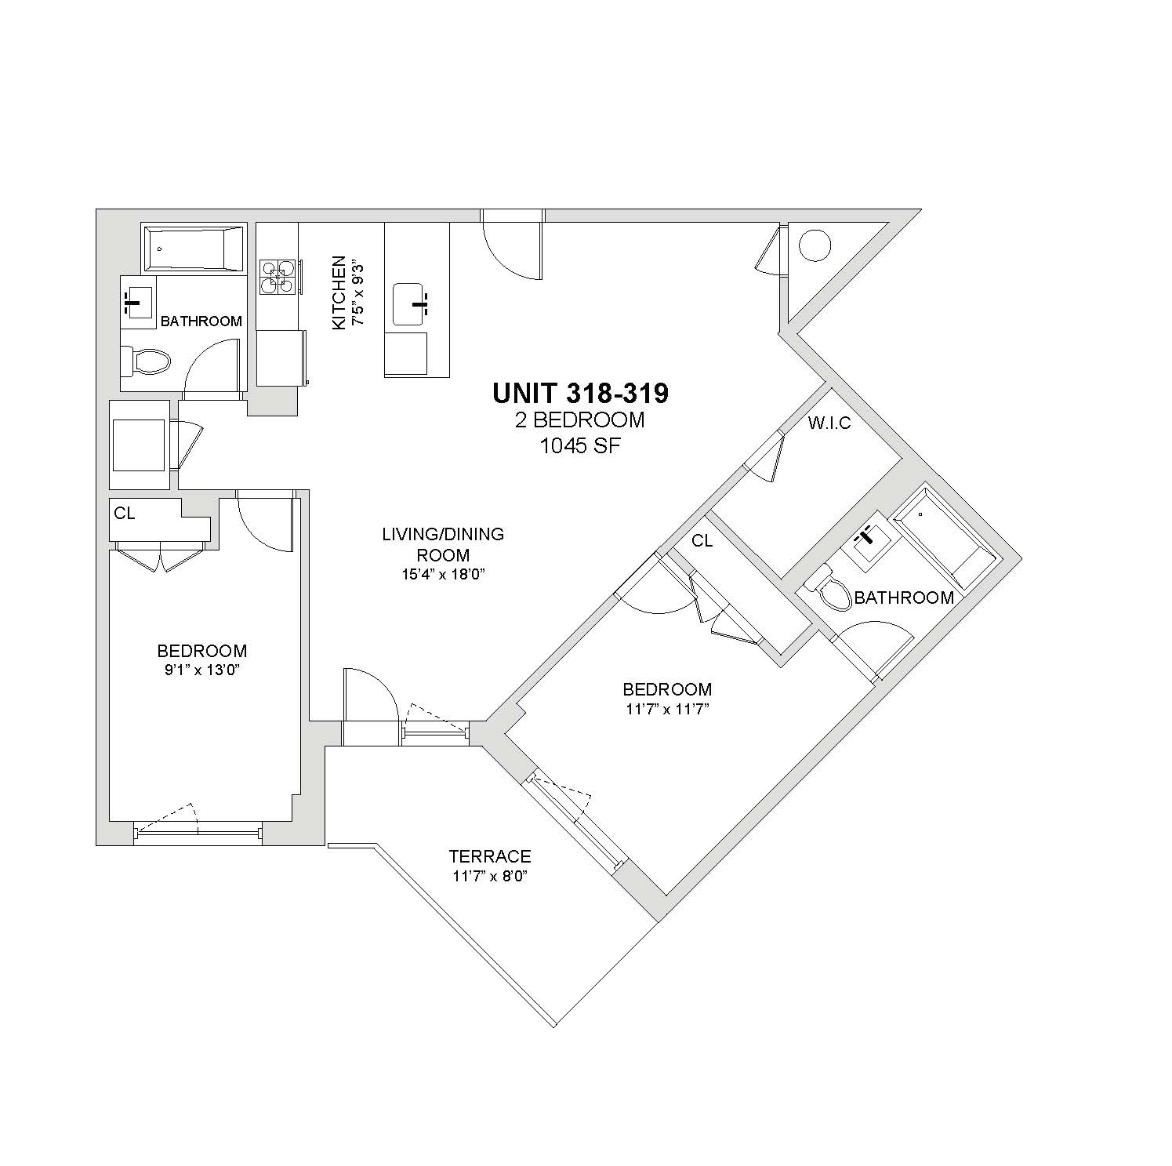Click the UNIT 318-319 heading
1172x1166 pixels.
580,393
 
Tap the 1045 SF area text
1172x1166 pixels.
580,446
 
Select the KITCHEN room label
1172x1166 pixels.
339,292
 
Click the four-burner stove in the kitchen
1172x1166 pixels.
278,277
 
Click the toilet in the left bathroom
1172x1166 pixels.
146,361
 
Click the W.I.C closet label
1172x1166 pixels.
829,423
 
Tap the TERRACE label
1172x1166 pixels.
490,856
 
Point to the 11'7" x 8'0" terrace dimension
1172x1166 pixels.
489,876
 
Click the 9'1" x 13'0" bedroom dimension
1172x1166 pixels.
202,670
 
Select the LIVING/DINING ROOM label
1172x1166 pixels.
443,544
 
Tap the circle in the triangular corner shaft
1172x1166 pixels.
815,245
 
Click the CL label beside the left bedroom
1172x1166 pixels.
125,514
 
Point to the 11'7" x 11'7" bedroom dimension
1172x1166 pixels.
667,709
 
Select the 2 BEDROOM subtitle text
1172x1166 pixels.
580,420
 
